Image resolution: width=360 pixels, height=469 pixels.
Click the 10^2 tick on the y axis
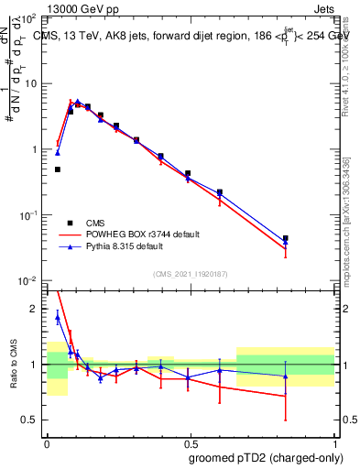(29, 18)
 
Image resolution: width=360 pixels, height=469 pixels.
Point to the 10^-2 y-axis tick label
(28, 280)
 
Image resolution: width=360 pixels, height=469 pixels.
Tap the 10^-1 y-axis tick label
(28, 215)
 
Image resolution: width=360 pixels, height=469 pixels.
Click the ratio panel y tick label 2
(35, 310)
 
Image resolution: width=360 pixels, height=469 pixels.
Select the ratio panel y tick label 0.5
(31, 420)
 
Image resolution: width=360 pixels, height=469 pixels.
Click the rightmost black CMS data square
(286, 238)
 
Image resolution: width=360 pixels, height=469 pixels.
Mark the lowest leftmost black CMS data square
(58, 169)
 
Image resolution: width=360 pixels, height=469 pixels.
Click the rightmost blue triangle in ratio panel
(286, 376)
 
